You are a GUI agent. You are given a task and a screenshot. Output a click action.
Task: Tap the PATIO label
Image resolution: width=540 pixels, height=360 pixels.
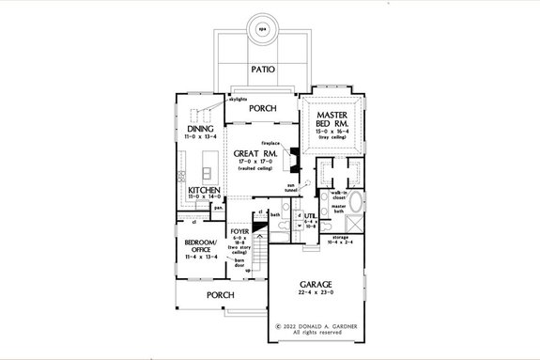263,70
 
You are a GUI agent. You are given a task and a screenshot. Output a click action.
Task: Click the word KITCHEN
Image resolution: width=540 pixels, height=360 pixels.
204,190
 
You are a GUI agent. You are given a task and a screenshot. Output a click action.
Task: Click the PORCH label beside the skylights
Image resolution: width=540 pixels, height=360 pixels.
262,108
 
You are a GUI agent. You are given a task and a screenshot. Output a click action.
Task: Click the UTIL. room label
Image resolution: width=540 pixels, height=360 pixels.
307,216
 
